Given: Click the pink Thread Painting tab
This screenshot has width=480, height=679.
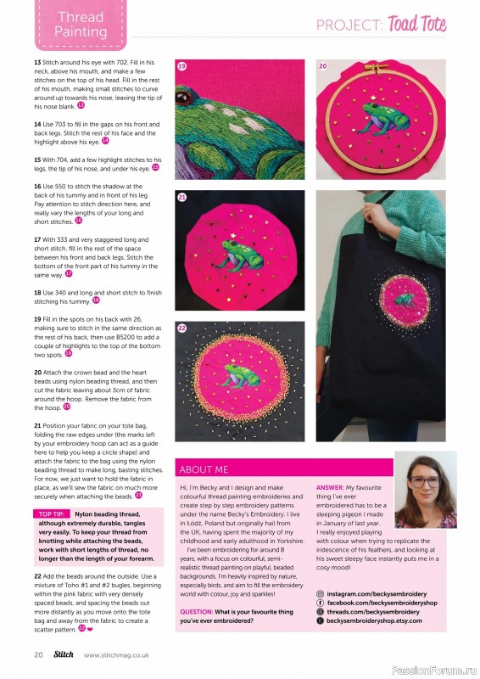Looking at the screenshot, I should click(x=81, y=25).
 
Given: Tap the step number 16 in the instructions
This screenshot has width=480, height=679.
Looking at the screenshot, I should click(x=38, y=185).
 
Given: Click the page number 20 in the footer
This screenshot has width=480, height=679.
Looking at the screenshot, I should click(x=39, y=654).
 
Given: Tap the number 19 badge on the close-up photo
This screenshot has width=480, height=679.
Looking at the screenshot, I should click(x=181, y=65).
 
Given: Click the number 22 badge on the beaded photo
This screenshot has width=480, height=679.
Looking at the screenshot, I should click(x=181, y=327).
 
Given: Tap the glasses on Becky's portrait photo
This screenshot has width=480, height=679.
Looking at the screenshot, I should click(x=431, y=482).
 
